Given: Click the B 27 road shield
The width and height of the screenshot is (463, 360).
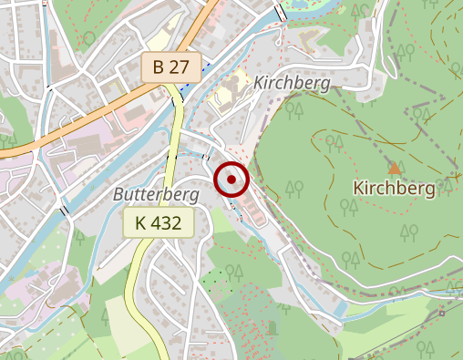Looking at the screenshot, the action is click(x=170, y=67).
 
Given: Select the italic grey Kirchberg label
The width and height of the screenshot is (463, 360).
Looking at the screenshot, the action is click(x=292, y=83).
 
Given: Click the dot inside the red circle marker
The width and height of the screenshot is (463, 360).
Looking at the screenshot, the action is click(x=231, y=180).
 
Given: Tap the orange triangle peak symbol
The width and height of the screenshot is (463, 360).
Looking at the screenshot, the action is click(x=395, y=168).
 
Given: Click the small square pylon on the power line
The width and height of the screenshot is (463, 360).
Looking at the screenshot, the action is click(x=441, y=313).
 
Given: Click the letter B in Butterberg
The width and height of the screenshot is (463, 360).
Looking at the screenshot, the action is click(x=118, y=195).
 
